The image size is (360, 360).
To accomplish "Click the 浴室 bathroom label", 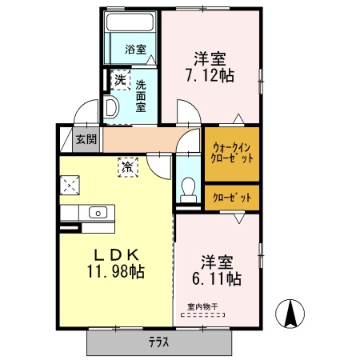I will tap(135, 50).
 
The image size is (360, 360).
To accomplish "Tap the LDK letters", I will tap(115, 254).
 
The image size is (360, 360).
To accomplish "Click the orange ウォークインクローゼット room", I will tap(232, 153).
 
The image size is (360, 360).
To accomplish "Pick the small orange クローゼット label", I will tap(232, 197).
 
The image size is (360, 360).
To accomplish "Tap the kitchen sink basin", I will tap(98, 213).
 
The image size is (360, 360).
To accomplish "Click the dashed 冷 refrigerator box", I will tap(128, 167).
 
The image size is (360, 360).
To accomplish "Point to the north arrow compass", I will tap(292, 313).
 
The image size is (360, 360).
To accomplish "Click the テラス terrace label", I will tap(159, 342).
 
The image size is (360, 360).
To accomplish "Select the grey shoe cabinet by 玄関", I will tap(66, 139).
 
